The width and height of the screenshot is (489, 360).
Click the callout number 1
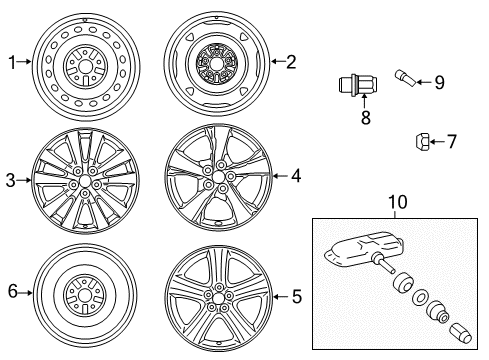[x=12, y=63]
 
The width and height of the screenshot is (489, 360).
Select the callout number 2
[x=291, y=62]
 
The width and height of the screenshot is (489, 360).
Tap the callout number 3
[x=11, y=180]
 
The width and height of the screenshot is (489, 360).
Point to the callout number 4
[x=296, y=176]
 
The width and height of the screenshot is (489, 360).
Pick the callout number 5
[x=297, y=296]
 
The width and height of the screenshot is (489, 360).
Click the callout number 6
[x=13, y=291]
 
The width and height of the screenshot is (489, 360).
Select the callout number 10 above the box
[x=398, y=202]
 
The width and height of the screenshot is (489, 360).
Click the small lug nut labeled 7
[x=422, y=141]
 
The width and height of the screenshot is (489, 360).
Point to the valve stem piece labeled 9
[x=405, y=78]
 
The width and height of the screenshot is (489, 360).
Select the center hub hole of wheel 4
[x=218, y=176]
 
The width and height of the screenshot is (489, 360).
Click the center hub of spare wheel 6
[x=85, y=295]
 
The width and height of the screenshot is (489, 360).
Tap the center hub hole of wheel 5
[x=218, y=297]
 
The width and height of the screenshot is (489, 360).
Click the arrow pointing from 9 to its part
[x=424, y=82]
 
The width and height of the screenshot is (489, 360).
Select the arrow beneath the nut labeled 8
[x=365, y=101]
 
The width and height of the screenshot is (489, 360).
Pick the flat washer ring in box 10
[x=420, y=297]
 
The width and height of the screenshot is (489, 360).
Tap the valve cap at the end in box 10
[x=461, y=333]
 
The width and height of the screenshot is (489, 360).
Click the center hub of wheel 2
[x=216, y=63]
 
